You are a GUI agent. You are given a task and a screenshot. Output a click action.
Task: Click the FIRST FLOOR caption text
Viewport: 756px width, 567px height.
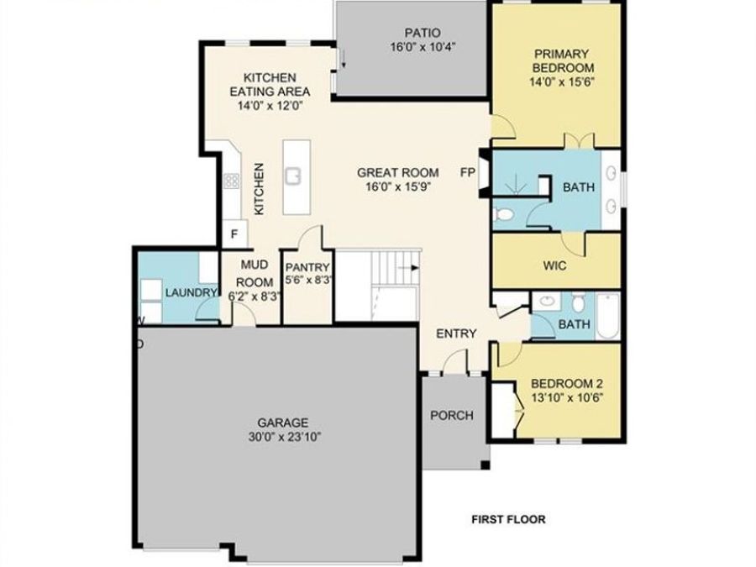[507, 519]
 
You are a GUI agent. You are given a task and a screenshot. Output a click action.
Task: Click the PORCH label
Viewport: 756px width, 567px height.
[452, 415]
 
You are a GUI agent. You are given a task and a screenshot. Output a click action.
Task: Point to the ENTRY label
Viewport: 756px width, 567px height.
[456, 333]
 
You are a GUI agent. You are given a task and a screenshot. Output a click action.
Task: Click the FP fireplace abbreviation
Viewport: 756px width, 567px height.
[468, 172]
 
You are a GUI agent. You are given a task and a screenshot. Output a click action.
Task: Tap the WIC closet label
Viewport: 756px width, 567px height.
[555, 265]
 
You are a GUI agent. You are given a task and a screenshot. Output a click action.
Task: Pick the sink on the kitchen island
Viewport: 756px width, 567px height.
[293, 176]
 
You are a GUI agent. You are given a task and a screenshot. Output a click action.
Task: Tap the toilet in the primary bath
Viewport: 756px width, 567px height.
[505, 215]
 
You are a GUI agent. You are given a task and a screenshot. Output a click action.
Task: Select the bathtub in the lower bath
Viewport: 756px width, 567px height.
[607, 316]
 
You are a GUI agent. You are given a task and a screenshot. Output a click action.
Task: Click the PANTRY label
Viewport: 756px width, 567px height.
[307, 268]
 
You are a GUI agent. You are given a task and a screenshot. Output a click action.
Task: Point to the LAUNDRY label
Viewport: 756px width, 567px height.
[186, 292]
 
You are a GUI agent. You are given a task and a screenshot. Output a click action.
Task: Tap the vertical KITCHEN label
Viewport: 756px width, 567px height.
[260, 189]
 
